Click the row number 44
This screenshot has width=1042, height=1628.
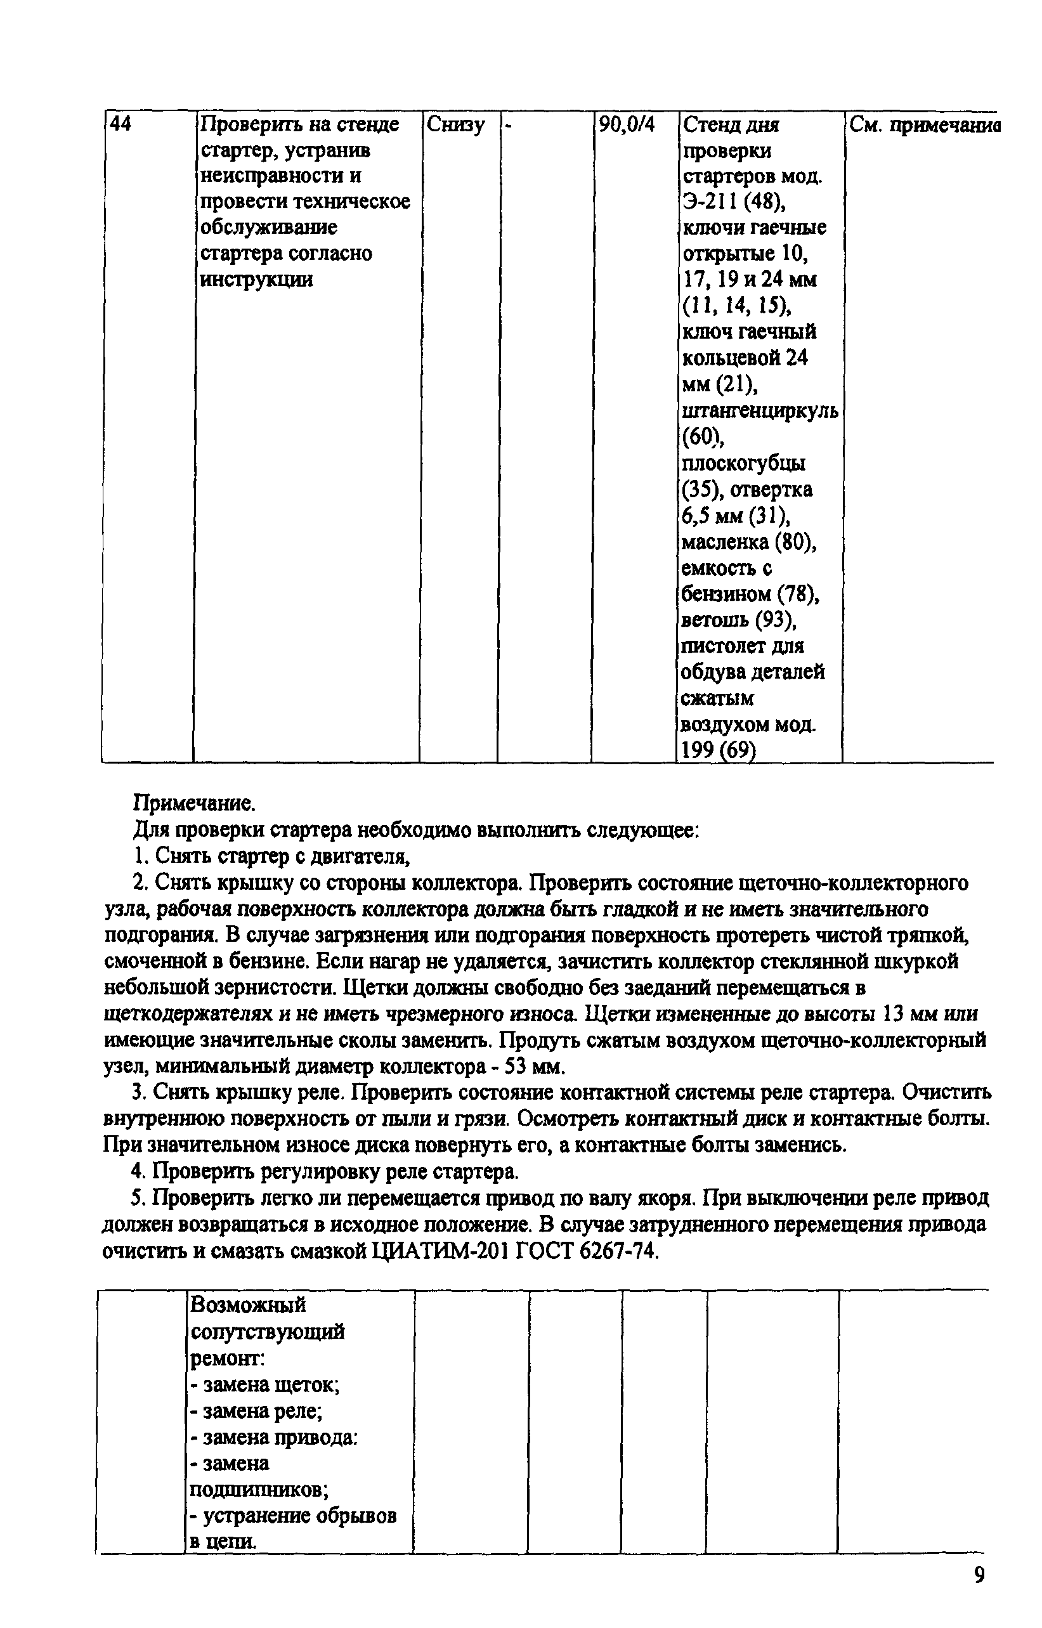point(121,124)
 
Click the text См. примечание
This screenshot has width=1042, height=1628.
point(923,124)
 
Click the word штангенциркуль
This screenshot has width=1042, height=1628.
point(760,411)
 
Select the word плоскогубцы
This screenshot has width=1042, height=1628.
point(743,463)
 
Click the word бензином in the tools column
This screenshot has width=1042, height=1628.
point(725,594)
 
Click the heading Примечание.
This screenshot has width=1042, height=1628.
point(194,803)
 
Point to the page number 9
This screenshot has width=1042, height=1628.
point(979,1575)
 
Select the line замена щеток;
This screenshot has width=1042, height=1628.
point(264,1385)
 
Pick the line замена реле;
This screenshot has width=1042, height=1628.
point(256,1412)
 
